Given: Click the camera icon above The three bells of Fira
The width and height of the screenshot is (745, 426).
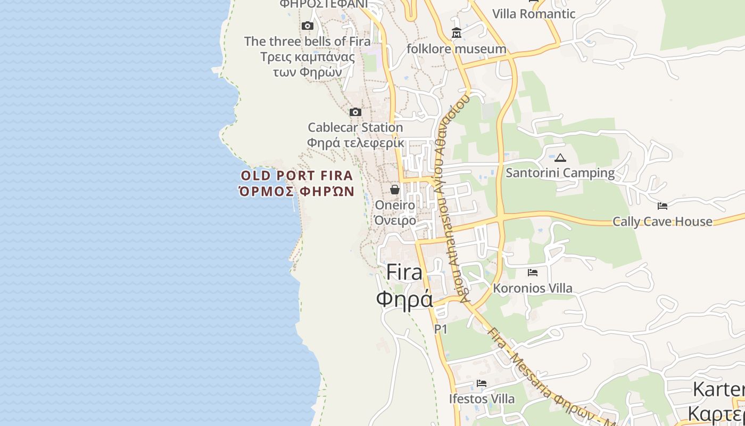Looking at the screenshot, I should pos(307,26).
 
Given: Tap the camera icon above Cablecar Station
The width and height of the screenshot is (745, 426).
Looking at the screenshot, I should pos(355,112).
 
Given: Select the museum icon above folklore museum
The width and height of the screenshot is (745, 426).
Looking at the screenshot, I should pos(456,34).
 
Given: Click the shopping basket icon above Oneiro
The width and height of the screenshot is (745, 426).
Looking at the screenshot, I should pos(395,189).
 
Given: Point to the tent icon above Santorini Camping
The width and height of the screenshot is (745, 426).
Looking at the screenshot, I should pos(560,158).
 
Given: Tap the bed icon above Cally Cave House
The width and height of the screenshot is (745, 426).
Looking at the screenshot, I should pos(662,206).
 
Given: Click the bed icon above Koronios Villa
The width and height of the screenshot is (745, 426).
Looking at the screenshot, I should pos(532,273).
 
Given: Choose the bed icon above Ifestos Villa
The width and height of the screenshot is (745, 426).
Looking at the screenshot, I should pos(482,383).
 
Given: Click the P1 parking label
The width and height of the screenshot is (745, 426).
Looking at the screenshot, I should pos(441,329).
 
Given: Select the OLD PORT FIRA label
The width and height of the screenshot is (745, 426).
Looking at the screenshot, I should pos(297,175).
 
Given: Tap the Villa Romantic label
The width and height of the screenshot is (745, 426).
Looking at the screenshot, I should pos(534,14).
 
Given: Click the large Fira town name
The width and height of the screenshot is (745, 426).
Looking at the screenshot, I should pos(404,272).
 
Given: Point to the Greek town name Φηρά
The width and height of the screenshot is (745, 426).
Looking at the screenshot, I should pos(404,299).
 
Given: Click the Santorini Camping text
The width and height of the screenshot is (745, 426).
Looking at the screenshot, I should pos(560,173).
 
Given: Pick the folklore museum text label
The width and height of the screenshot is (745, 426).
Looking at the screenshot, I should pos(456,49).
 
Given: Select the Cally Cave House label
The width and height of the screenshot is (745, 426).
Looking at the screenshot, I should pos(662,222).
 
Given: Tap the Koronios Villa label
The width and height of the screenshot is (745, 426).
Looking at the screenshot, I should pos(533,288).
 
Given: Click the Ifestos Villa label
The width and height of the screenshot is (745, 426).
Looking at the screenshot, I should pos(482,399).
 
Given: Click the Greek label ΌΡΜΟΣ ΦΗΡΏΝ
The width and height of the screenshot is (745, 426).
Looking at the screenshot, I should pos(297,191).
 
